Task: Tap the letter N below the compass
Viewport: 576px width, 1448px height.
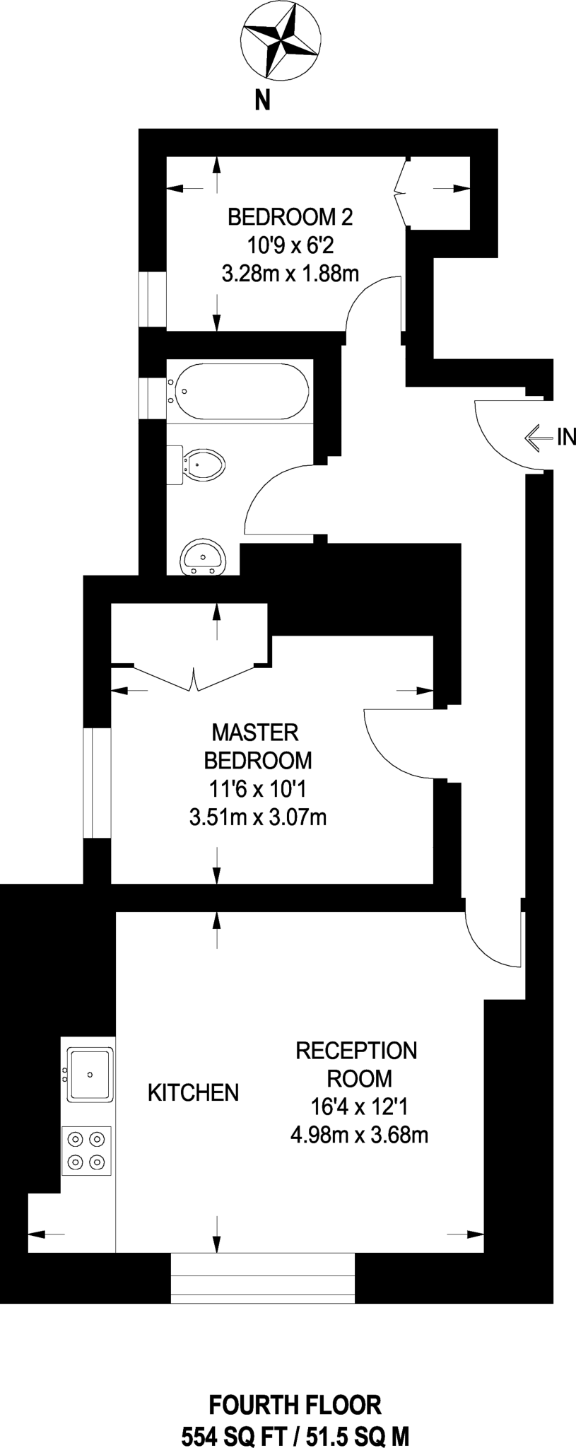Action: (262, 102)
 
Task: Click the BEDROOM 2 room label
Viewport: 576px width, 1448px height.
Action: (290, 216)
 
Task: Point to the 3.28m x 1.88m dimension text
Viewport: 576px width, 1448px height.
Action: (290, 273)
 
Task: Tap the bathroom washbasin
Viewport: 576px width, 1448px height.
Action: (204, 559)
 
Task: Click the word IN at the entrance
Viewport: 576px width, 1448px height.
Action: (567, 437)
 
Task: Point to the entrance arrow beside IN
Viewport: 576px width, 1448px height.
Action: (539, 438)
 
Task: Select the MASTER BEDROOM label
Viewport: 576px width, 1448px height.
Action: (257, 746)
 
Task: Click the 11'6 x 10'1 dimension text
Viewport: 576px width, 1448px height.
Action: (258, 788)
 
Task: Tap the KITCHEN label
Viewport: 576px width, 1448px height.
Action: (193, 1092)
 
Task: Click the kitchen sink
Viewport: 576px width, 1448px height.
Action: (89, 1075)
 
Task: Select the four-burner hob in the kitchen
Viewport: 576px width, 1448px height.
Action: (87, 1150)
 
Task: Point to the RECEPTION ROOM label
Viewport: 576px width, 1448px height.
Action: (357, 1064)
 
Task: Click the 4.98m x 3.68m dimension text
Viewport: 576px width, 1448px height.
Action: (360, 1135)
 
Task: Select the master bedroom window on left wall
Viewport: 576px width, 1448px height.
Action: (97, 783)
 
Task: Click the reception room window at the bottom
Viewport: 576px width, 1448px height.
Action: (263, 1278)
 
